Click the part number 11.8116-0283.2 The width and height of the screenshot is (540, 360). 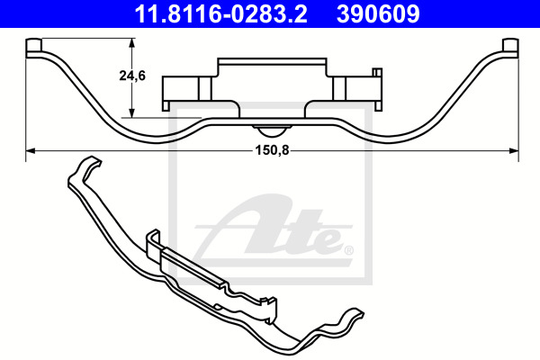point(220,14)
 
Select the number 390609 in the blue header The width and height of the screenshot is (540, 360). point(378,14)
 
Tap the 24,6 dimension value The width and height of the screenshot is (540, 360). point(132,76)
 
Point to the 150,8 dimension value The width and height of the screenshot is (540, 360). point(272,150)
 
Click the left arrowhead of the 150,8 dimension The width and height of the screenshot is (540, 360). point(31,150)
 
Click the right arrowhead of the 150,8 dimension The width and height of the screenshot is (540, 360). point(514,150)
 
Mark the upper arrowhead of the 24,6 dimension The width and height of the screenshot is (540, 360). point(131,42)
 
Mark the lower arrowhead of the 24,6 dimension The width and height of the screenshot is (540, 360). point(131,113)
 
